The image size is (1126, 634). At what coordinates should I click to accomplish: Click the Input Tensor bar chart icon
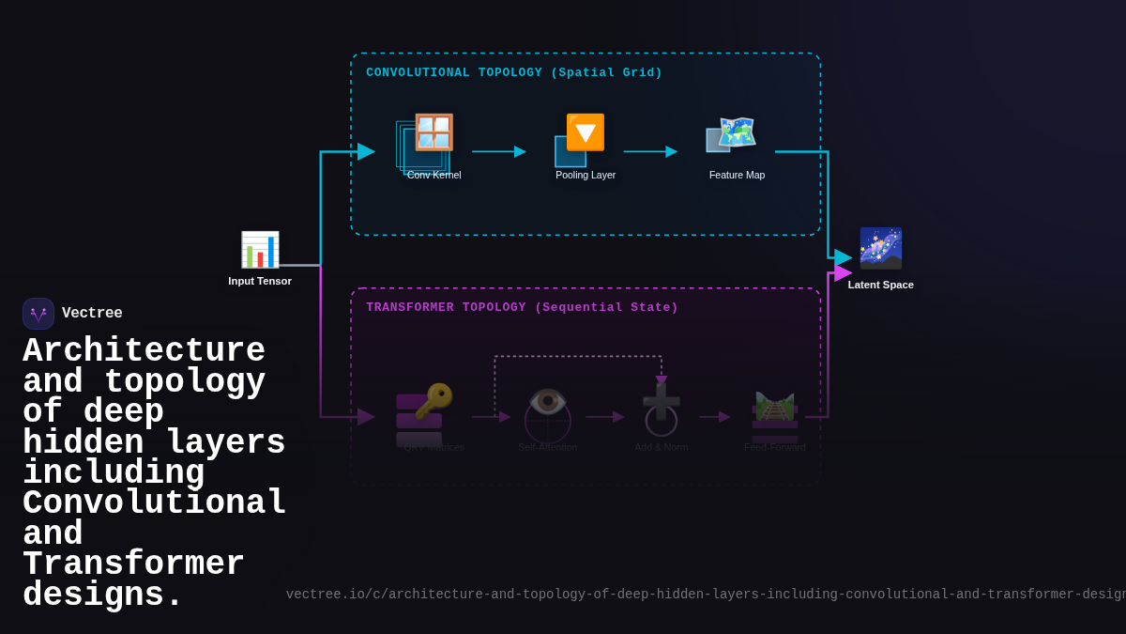260,250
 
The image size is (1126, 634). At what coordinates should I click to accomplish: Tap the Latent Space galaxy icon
880,248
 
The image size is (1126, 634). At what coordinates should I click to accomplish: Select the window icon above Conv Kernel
434,132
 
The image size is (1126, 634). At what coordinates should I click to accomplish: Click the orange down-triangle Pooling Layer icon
585,132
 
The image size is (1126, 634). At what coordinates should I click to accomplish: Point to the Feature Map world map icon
737,132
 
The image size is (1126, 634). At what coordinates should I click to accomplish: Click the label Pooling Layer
586,175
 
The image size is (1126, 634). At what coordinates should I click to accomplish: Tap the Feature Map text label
737,175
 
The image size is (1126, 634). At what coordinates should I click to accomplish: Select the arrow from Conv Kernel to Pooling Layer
498,151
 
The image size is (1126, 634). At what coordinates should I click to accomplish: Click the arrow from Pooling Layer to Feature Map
650,151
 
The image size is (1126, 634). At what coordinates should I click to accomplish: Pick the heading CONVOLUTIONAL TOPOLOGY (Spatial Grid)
514,73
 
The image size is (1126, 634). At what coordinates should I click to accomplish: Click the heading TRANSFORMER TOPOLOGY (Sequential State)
522,308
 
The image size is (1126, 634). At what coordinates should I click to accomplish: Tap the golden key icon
434,401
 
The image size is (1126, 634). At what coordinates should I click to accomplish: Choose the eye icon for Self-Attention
548,401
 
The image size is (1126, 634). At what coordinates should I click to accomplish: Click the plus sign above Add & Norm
662,402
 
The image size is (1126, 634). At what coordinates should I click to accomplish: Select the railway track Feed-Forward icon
775,408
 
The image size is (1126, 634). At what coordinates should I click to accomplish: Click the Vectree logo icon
38,314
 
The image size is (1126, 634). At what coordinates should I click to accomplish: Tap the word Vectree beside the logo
92,314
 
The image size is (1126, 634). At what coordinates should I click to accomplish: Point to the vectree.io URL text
704,595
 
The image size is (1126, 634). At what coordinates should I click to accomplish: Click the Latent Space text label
880,285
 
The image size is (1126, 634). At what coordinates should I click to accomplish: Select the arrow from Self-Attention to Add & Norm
605,417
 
